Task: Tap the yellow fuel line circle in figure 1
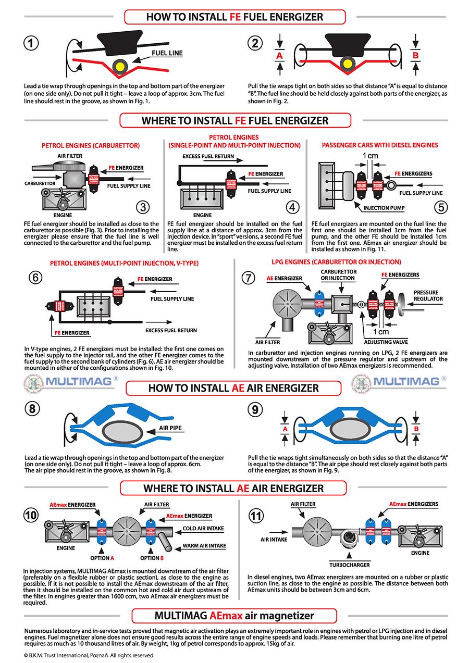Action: tap(120, 66)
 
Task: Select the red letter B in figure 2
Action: tap(415, 55)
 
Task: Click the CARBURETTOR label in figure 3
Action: tap(40, 184)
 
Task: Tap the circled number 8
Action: tap(32, 409)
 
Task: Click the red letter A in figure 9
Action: tap(284, 429)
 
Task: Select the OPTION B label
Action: tap(150, 559)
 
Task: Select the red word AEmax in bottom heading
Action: tap(226, 616)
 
